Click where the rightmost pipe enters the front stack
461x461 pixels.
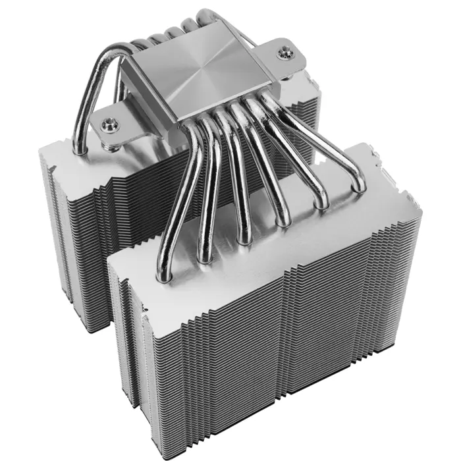point(360,186)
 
